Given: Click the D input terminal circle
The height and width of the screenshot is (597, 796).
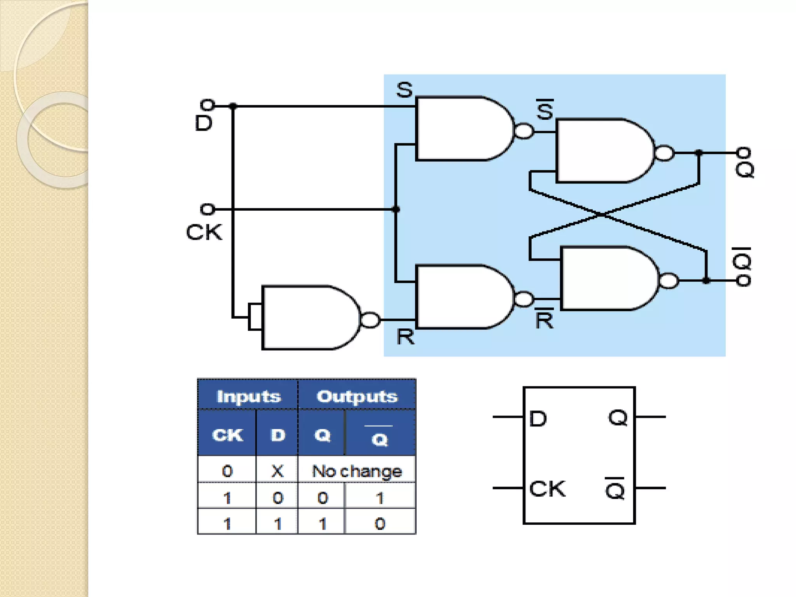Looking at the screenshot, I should click(x=207, y=105).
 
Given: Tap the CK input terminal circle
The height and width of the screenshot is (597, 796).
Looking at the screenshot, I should click(x=207, y=209).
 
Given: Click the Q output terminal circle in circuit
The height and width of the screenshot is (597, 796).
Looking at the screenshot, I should click(x=744, y=152).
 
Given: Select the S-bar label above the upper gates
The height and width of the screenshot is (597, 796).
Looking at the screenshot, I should click(x=545, y=110).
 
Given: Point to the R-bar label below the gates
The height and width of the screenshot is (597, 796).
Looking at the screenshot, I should click(x=544, y=319).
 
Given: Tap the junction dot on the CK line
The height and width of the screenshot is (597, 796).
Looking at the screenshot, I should click(x=396, y=209).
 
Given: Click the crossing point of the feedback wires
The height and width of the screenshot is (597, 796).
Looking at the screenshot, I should click(x=600, y=214).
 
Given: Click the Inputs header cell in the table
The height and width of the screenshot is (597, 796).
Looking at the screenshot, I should click(x=248, y=396).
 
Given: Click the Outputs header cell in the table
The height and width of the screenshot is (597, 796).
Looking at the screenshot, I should click(x=357, y=396).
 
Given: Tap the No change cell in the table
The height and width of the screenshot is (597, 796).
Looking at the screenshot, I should click(x=357, y=471).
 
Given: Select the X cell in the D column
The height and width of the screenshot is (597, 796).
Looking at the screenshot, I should click(x=277, y=471).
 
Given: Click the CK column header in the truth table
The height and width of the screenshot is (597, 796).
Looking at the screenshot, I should click(x=227, y=435).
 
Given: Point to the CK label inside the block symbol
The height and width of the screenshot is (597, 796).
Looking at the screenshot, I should click(x=547, y=489).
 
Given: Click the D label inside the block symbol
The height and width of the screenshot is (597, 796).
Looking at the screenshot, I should click(x=538, y=419).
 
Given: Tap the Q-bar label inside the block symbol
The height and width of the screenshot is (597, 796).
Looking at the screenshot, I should click(x=615, y=489).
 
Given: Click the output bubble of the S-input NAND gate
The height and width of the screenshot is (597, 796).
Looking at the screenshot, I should click(x=524, y=131).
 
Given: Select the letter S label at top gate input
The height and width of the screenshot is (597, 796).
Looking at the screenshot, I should click(x=404, y=90).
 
